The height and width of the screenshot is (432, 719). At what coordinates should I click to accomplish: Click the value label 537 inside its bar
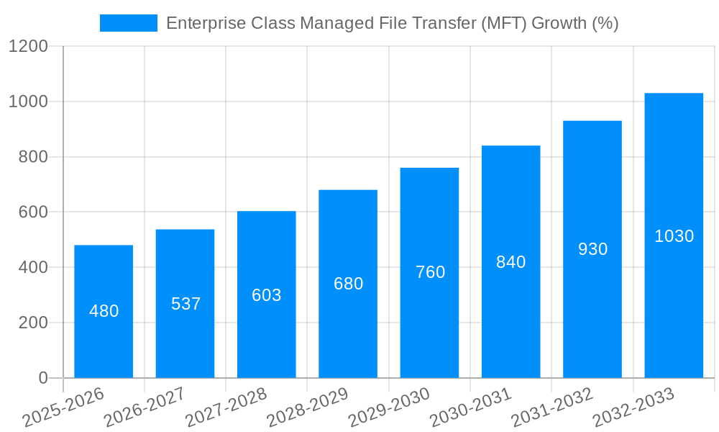click(x=186, y=304)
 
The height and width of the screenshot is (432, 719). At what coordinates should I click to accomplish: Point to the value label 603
click(x=267, y=295)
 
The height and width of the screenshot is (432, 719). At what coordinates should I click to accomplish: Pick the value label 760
click(x=430, y=272)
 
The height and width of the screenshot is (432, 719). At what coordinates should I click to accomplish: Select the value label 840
click(x=511, y=262)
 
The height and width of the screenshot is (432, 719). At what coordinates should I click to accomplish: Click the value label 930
click(x=592, y=249)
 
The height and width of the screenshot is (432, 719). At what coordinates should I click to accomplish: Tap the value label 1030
click(x=674, y=236)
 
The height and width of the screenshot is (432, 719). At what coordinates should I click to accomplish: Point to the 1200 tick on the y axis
click(x=28, y=47)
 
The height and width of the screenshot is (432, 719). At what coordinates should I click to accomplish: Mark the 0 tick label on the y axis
click(x=43, y=378)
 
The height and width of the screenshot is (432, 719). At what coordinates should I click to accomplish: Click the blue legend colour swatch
click(x=129, y=23)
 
